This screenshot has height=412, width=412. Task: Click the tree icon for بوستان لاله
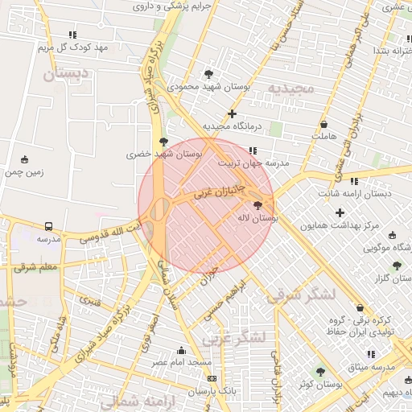pyautogui.click(x=257, y=206)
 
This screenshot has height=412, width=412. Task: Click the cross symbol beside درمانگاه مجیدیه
pyautogui.click(x=233, y=113)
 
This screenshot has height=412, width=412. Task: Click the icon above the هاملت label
pyautogui.click(x=323, y=125)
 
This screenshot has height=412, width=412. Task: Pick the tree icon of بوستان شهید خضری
pyautogui.click(x=164, y=142)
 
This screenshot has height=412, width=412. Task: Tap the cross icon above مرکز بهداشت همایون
pyautogui.click(x=340, y=213)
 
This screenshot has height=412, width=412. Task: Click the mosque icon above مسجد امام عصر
pyautogui.click(x=181, y=350)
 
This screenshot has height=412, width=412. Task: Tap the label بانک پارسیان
pyautogui.click(x=212, y=391)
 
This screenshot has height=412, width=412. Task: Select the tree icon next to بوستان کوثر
pyautogui.click(x=321, y=372)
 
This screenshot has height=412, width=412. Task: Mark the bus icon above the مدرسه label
pyautogui.click(x=49, y=226)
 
